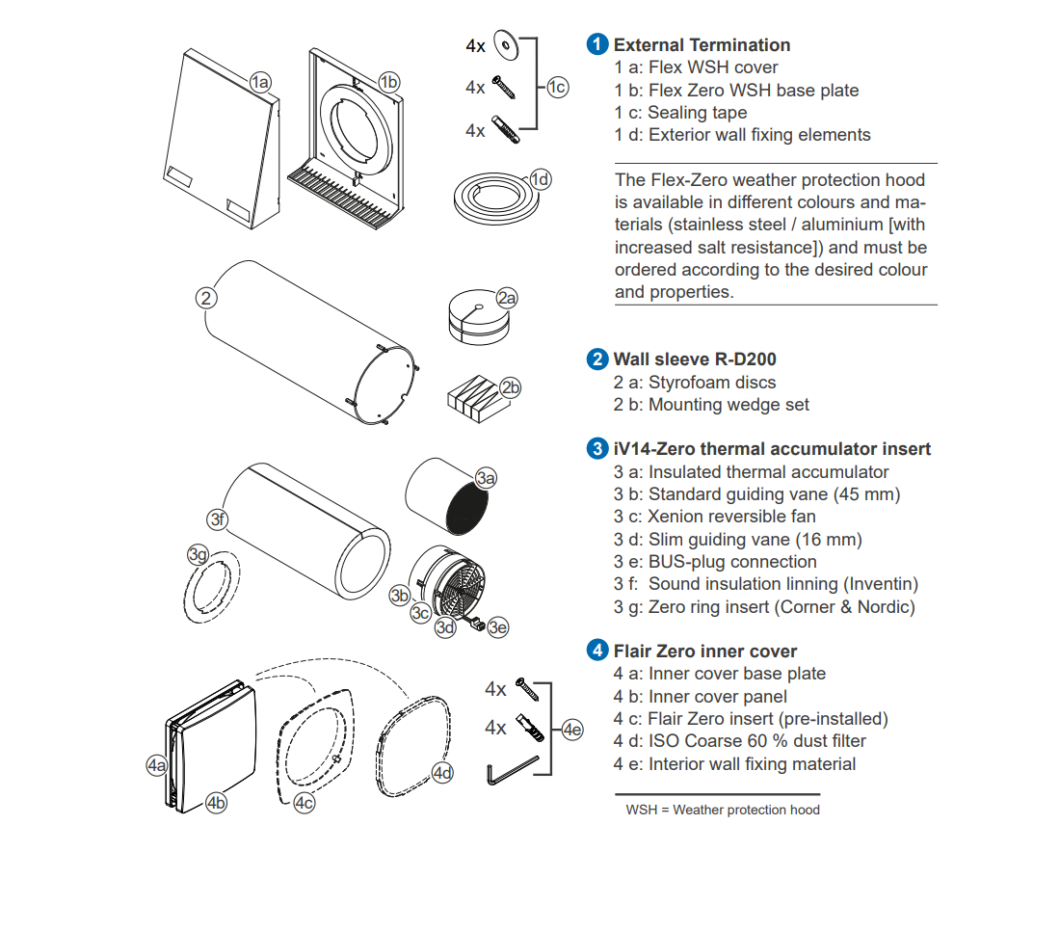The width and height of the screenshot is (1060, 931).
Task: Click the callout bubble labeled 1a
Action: [x=260, y=82]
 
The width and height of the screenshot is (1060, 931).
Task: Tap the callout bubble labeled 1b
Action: [x=388, y=82]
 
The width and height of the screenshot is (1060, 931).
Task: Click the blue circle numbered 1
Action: [x=598, y=44]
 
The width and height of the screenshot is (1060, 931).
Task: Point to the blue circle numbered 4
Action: [x=598, y=652]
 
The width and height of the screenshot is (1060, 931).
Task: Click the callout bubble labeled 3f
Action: [x=219, y=520]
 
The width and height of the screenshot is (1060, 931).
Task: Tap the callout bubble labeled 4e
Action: [x=572, y=730]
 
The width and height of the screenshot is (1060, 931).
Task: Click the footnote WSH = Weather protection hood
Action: [x=723, y=810]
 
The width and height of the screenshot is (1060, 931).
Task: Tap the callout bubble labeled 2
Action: [x=206, y=297]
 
